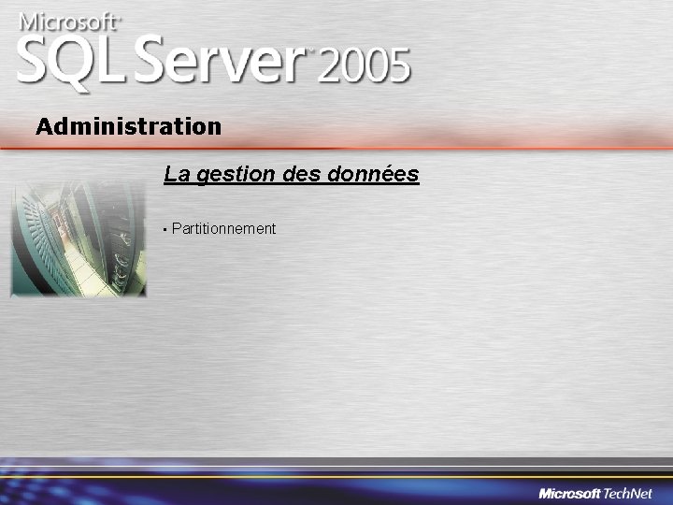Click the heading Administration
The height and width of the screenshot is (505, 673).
[129, 126]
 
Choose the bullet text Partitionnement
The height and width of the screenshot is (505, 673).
[224, 228]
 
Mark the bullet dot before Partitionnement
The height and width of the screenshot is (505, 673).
[164, 229]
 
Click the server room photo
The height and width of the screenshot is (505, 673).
[79, 238]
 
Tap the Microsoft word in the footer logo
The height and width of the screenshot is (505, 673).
[569, 494]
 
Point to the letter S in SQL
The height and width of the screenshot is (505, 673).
[36, 60]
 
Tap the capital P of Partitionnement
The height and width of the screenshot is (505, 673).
[177, 228]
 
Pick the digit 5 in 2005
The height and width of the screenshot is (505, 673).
[398, 66]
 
